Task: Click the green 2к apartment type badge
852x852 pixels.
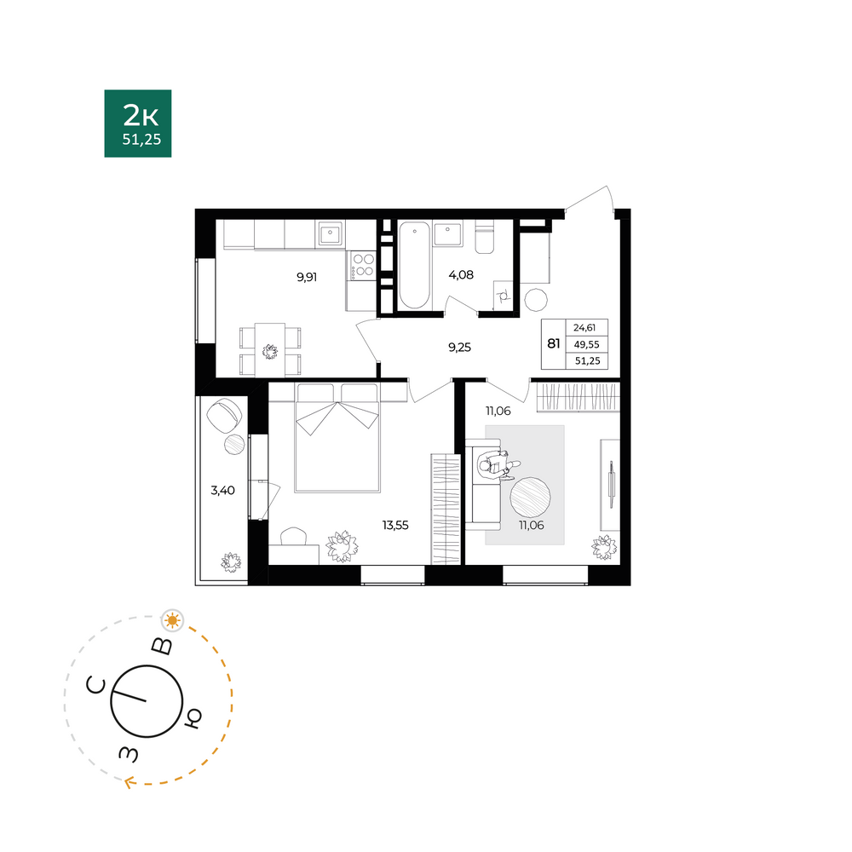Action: pyautogui.click(x=138, y=124)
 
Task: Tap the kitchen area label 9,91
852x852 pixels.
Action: pyautogui.click(x=307, y=277)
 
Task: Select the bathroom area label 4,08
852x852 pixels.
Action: pyautogui.click(x=461, y=275)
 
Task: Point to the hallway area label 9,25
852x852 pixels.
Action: pyautogui.click(x=460, y=348)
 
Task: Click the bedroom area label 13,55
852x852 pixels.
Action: pyautogui.click(x=395, y=526)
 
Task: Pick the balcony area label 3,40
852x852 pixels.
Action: pyautogui.click(x=222, y=491)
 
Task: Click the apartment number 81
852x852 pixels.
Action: pyautogui.click(x=554, y=343)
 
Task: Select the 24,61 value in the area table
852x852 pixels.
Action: pyautogui.click(x=584, y=328)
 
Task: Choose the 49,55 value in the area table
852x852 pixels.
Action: pyautogui.click(x=587, y=344)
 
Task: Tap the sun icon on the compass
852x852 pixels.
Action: pyautogui.click(x=173, y=620)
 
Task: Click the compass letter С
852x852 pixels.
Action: pyautogui.click(x=95, y=686)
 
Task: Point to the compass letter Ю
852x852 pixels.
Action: pyautogui.click(x=193, y=718)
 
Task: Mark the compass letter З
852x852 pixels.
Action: pyautogui.click(x=129, y=753)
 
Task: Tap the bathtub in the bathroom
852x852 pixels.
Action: pyautogui.click(x=415, y=265)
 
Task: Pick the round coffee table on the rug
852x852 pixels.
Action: pyautogui.click(x=530, y=498)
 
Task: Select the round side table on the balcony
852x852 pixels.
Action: pyautogui.click(x=235, y=445)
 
